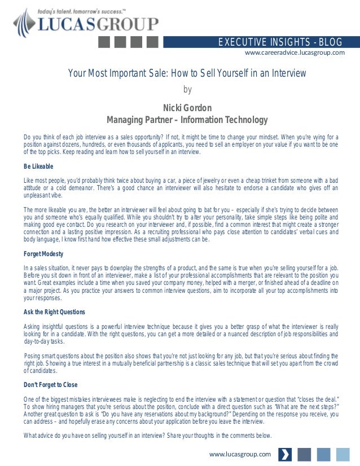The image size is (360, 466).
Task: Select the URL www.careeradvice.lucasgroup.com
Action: coord(294,53)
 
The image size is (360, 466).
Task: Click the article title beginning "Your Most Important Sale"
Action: coord(187,73)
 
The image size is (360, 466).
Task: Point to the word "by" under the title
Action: coord(188,89)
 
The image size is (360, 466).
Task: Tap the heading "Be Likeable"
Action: coord(38,166)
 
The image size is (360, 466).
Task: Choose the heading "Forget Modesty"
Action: coord(43,253)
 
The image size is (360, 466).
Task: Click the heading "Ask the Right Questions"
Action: coord(54,312)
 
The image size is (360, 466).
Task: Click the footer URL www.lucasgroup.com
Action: coord(240,454)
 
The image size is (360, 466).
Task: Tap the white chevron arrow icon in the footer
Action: coord(286,454)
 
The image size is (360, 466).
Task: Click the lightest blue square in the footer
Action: coord(343,454)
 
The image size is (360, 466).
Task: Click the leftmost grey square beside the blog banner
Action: coord(106,42)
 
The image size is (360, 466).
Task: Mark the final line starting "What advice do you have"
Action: coord(147,436)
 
